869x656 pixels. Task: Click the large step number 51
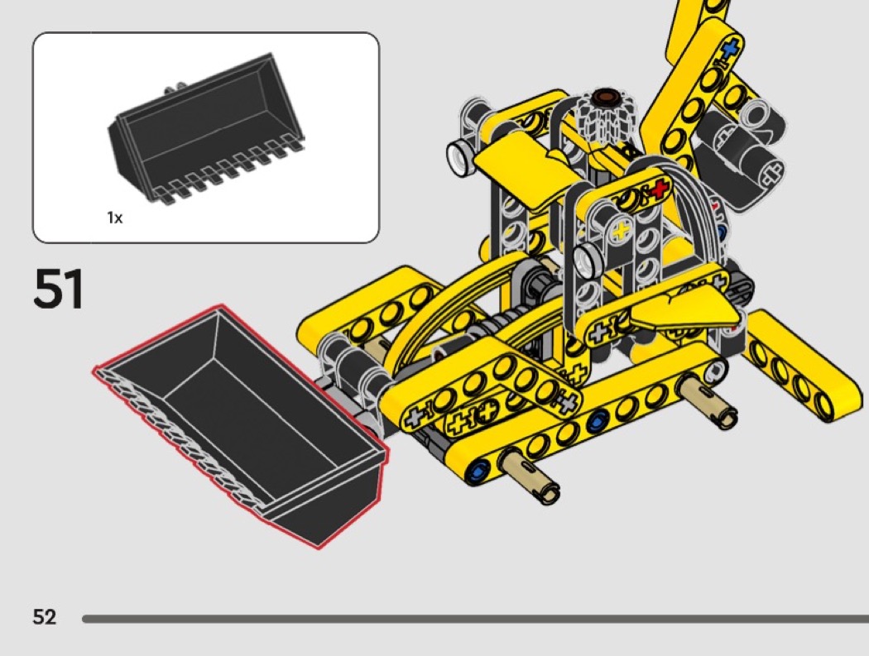(x=58, y=288)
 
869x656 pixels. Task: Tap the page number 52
(x=45, y=616)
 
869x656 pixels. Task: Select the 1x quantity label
(x=115, y=218)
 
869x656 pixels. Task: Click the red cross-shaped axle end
(x=659, y=189)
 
